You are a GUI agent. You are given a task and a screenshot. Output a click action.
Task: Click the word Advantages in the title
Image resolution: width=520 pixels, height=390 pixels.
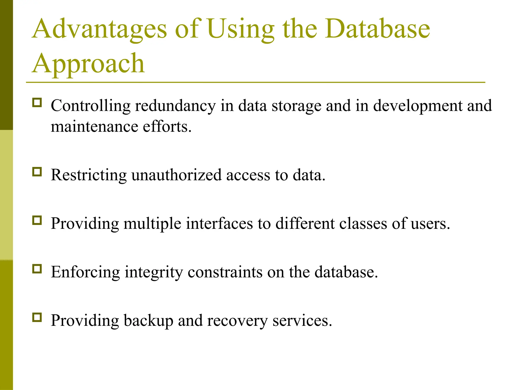tap(100, 29)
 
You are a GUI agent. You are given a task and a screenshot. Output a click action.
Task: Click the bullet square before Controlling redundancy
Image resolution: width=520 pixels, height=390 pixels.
tap(37, 103)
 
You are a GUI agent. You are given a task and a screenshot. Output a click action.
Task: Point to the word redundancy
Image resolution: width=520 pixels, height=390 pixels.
tap(175, 106)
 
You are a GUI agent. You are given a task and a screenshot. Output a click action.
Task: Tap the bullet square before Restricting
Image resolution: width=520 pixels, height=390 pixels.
tap(37, 172)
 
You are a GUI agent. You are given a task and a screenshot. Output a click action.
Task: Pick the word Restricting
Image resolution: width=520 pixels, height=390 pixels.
tap(89, 175)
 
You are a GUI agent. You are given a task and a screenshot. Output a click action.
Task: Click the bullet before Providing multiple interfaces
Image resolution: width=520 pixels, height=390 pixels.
tap(37, 220)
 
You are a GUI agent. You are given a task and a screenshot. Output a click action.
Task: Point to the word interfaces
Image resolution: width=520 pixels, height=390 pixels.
tap(219, 224)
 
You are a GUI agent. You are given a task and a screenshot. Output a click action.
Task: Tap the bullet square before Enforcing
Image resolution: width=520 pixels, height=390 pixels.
tap(37, 269)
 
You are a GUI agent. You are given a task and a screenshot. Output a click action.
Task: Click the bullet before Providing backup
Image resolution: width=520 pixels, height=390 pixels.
tap(37, 317)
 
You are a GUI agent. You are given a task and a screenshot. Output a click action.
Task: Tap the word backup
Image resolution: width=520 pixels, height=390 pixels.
tap(148, 321)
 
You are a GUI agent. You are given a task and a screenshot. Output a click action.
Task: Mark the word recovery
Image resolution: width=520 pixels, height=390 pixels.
tap(237, 321)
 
